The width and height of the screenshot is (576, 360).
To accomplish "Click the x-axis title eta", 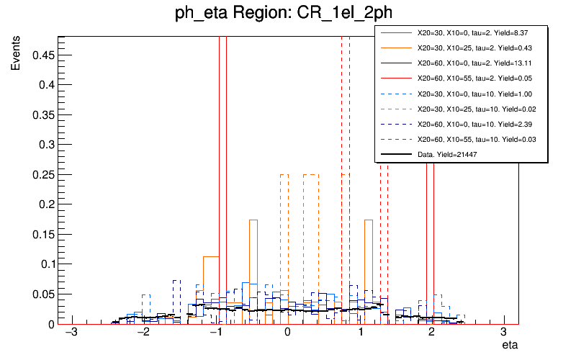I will (x=509, y=346).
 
